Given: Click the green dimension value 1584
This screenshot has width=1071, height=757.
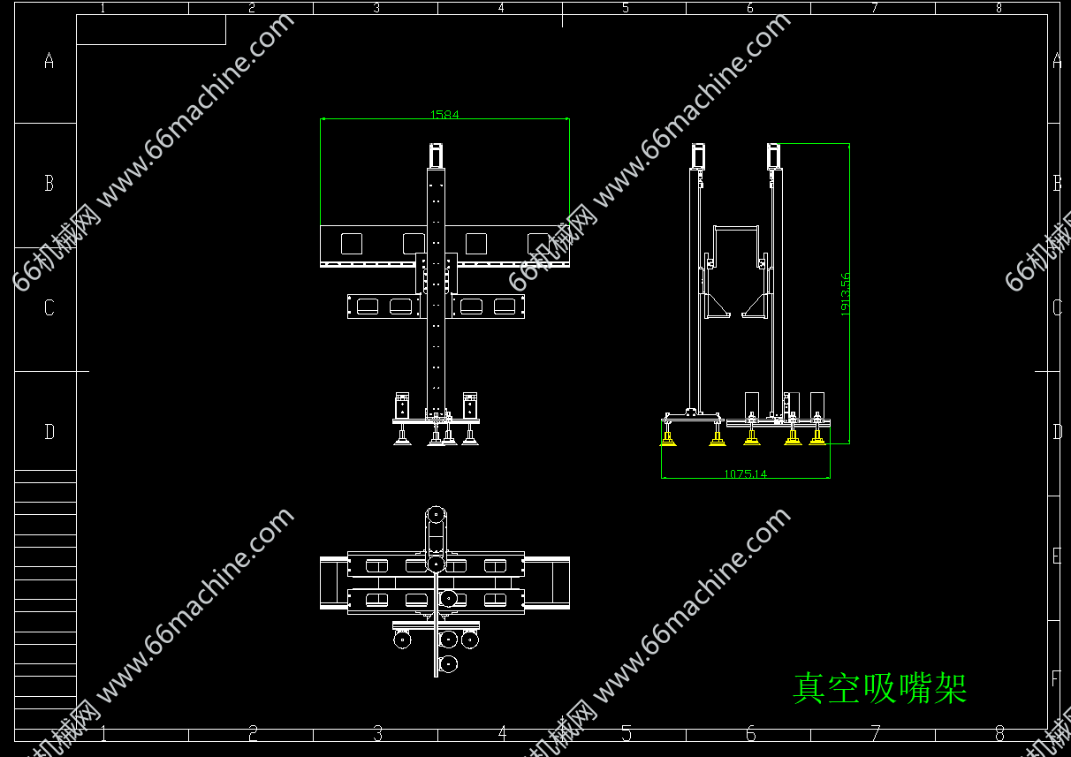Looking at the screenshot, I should coord(444,114).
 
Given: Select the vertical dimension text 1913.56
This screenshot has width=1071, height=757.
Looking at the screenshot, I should coord(845,293).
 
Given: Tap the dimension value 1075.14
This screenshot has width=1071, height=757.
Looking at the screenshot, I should coord(745,474).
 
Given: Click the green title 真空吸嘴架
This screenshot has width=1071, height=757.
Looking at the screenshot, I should coord(879,688).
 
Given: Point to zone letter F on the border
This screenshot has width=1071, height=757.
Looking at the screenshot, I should coord(1055,679).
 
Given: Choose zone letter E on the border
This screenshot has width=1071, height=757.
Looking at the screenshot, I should coord(1055,556).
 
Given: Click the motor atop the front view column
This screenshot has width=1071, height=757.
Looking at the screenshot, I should coord(436,155).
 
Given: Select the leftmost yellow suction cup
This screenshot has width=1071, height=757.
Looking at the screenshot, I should coord(669,439).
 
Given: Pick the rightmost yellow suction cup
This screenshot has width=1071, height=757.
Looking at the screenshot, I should coord(817,437).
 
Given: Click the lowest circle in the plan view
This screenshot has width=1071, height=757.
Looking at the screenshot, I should coord(449,662).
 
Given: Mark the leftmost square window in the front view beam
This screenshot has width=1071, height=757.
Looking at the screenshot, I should coord(352,244).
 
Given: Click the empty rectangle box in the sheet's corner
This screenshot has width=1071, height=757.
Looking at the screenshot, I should coord(150,30).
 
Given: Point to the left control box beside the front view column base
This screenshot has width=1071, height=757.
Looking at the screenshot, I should coord(402,405).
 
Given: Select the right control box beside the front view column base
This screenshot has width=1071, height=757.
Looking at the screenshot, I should coord(469,405).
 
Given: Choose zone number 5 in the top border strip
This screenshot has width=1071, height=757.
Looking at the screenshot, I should coord(625,8).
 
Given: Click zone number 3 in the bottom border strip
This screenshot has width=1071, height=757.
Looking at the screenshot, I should coord(377,734).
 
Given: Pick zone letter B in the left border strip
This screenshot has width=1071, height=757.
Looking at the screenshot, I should coord(49,184).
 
